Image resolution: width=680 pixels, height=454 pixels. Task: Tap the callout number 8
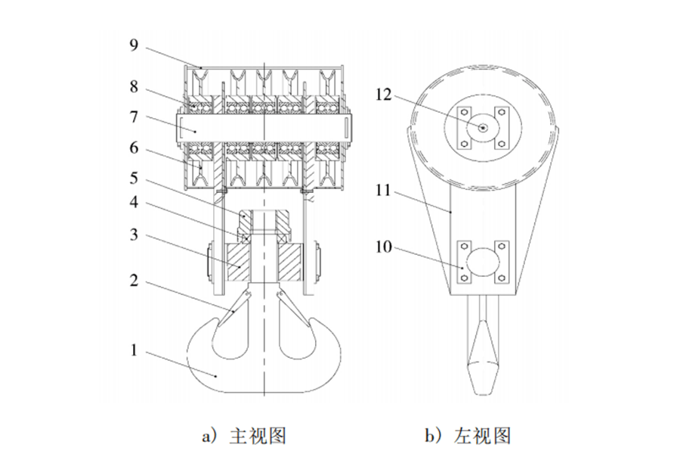point(133,88)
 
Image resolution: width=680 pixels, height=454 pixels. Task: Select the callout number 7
point(133,118)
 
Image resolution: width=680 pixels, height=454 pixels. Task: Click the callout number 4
point(133,204)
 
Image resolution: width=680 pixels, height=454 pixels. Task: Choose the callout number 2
point(133,282)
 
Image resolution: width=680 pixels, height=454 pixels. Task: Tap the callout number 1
point(133,351)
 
